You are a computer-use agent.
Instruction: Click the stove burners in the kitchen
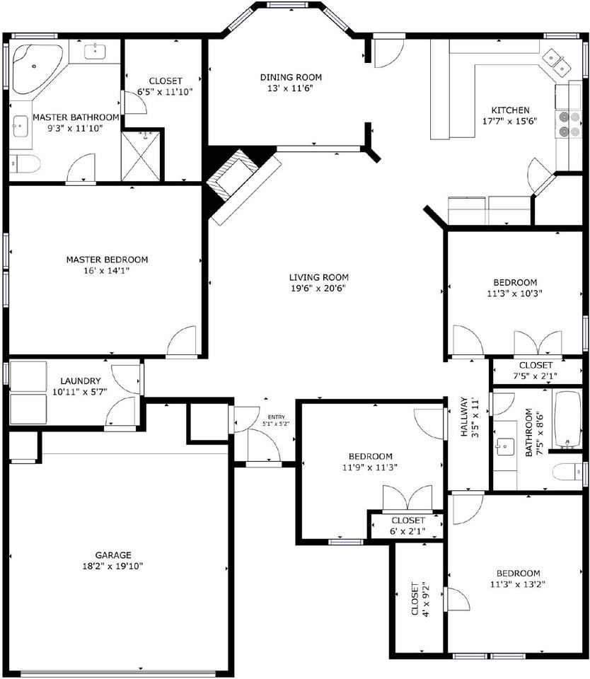(x=568, y=124)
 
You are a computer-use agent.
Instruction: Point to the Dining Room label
(x=291, y=78)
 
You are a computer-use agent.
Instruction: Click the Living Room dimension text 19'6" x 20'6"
(x=318, y=289)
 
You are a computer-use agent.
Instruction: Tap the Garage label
(x=113, y=555)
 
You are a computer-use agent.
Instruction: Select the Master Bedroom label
(x=107, y=260)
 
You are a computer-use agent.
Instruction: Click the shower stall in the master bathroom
(x=140, y=156)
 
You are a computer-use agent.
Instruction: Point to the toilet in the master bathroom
(x=25, y=164)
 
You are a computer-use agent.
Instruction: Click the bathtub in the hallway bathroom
(x=567, y=419)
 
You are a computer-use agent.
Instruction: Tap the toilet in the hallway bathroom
(x=568, y=471)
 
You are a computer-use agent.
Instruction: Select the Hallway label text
(x=464, y=417)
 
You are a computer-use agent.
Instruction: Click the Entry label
(x=276, y=417)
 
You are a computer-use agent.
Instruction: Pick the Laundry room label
(x=80, y=381)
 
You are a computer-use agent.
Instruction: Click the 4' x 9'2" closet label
(x=420, y=598)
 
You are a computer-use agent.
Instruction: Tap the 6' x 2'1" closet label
(x=407, y=531)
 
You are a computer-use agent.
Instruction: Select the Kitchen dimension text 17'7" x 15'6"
(x=510, y=121)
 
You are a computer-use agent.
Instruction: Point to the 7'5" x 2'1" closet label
(x=536, y=376)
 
